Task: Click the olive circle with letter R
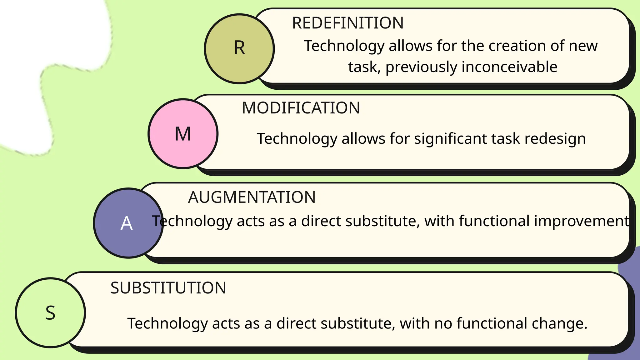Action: (239, 49)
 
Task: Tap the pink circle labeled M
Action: (183, 134)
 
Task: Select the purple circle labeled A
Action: (128, 223)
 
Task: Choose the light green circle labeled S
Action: (50, 313)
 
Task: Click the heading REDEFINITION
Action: (347, 23)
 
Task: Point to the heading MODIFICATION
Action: (301, 108)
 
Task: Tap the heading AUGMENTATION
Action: (252, 197)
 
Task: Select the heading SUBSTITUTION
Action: (168, 288)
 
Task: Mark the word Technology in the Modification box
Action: (297, 139)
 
